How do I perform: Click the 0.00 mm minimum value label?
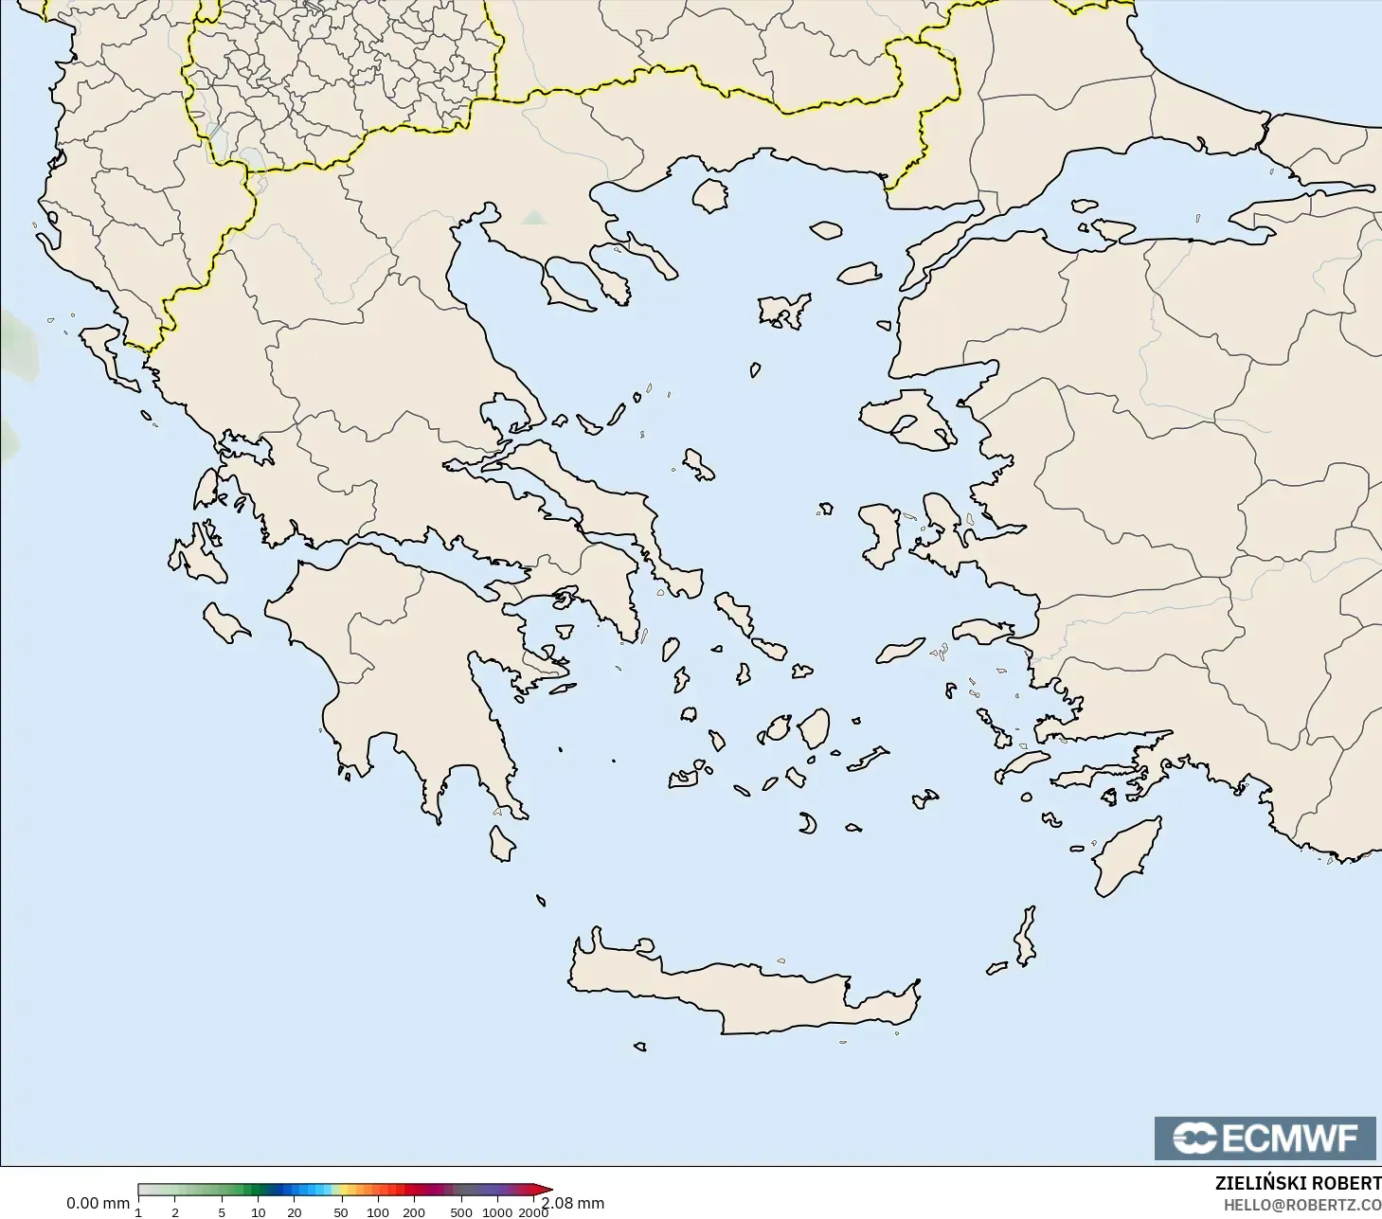[x=98, y=1203]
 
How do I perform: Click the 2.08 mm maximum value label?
[x=572, y=1203]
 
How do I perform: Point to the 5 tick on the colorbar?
[x=222, y=1211]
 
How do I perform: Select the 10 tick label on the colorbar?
[x=259, y=1211]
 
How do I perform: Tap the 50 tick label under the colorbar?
[x=340, y=1211]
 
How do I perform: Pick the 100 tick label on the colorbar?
[x=377, y=1211]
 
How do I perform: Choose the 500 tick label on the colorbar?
[x=461, y=1211]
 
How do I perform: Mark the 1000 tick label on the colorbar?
[x=497, y=1211]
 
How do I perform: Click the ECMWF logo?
[x=1265, y=1138]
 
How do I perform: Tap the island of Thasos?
[x=709, y=195]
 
